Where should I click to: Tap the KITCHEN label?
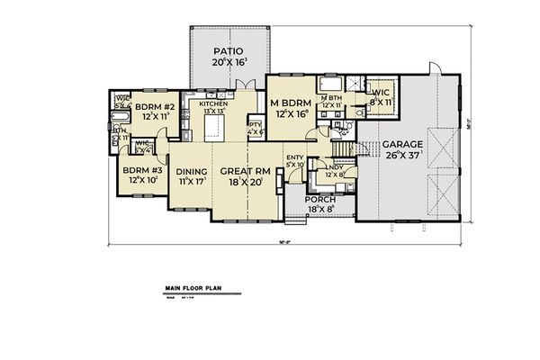pos(214,104)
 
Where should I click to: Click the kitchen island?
pos(212,131)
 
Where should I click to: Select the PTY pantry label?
pos(255,125)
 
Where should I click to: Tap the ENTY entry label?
pos(293,157)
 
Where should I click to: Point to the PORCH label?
pos(319,200)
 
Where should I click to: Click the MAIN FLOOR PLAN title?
pos(193,290)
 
